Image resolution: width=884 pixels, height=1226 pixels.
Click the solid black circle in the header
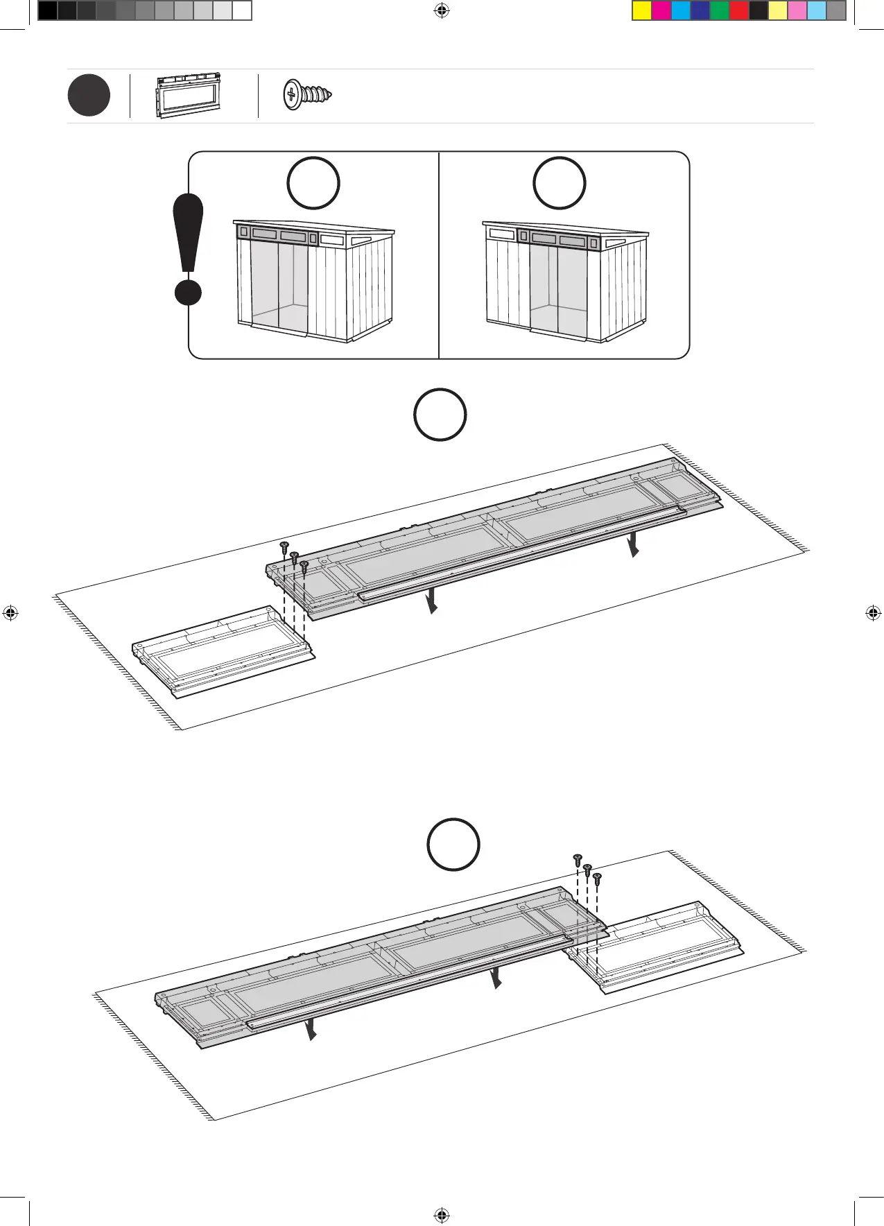(89, 96)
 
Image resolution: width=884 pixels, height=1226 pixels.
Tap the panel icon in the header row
(189, 96)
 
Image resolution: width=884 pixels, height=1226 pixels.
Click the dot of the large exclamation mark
(188, 292)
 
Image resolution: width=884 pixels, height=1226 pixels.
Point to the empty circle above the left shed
(313, 183)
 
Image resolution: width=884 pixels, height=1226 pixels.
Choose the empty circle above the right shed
(559, 183)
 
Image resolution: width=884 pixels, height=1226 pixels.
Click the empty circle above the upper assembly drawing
(440, 415)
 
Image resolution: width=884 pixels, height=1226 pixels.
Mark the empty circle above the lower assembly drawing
(453, 845)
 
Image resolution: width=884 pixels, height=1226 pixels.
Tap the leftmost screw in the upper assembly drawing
(284, 547)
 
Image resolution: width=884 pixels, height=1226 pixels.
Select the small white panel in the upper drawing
(223, 652)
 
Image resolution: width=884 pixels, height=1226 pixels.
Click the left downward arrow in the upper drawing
(432, 601)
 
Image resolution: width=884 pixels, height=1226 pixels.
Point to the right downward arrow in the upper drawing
(633, 545)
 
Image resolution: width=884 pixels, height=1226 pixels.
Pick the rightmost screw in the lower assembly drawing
(597, 879)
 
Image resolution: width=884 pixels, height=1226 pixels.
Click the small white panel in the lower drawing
(655, 949)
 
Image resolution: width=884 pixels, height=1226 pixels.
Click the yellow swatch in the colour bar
(642, 10)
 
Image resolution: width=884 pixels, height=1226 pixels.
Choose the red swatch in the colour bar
(739, 10)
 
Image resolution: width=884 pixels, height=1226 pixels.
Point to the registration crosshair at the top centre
(442, 10)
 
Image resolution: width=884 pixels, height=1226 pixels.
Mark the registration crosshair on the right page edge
(873, 613)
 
